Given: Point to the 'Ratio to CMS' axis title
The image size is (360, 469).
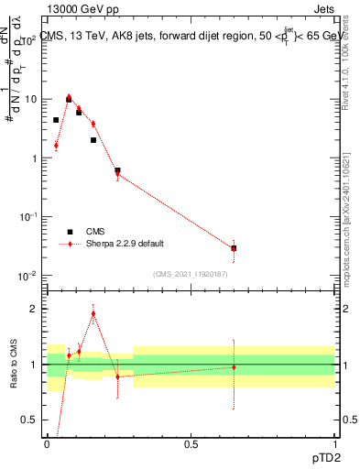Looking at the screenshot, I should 14,364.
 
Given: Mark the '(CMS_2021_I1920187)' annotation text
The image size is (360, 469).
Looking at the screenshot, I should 191,274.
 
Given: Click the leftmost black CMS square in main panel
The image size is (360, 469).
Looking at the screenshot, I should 56,120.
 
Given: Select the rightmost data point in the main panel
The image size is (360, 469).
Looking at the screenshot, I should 234,248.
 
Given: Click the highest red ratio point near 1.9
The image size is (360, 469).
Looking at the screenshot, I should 93,313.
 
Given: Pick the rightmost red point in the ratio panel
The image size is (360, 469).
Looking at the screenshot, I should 234,367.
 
